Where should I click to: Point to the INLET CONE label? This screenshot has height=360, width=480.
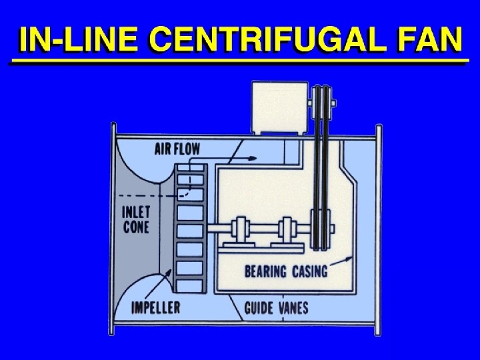[x=137, y=219]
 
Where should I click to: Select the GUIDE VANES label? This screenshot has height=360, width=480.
[x=276, y=308]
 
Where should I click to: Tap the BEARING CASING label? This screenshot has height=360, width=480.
[x=286, y=271]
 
